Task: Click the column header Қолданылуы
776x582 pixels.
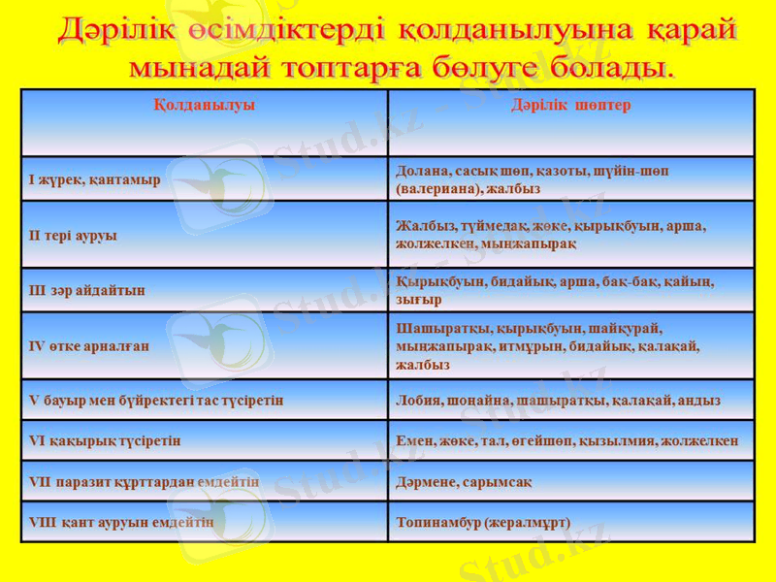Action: [205, 105]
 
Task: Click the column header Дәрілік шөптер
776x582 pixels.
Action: [571, 105]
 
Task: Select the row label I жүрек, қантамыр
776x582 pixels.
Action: [95, 179]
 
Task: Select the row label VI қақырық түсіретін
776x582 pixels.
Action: [106, 440]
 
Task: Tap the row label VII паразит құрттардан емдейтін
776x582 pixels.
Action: [145, 481]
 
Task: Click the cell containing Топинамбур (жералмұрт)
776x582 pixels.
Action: [483, 522]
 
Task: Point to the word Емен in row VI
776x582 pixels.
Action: [412, 440]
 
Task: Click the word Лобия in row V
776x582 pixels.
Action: [417, 400]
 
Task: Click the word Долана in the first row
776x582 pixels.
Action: [419, 171]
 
